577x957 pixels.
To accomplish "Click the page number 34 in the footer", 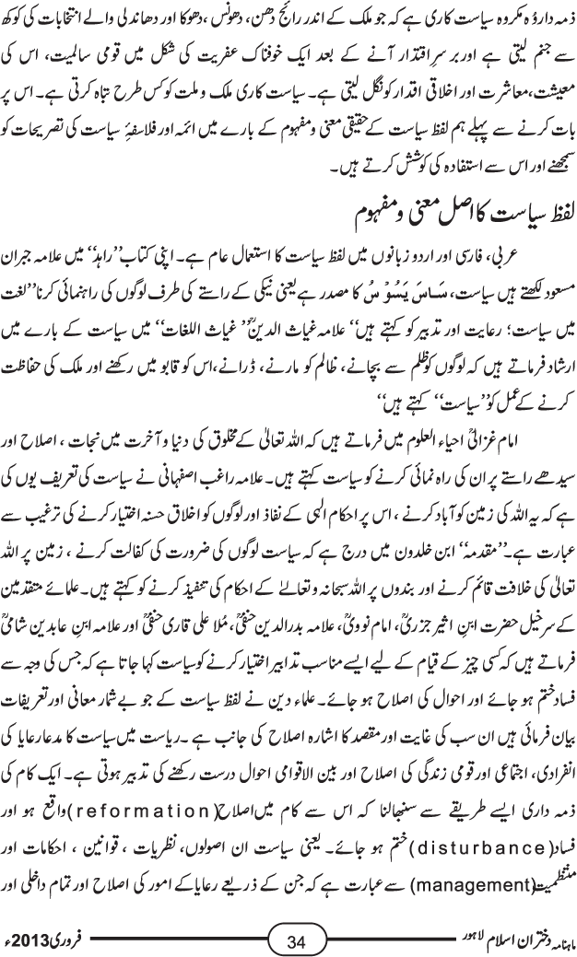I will (x=296, y=940).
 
